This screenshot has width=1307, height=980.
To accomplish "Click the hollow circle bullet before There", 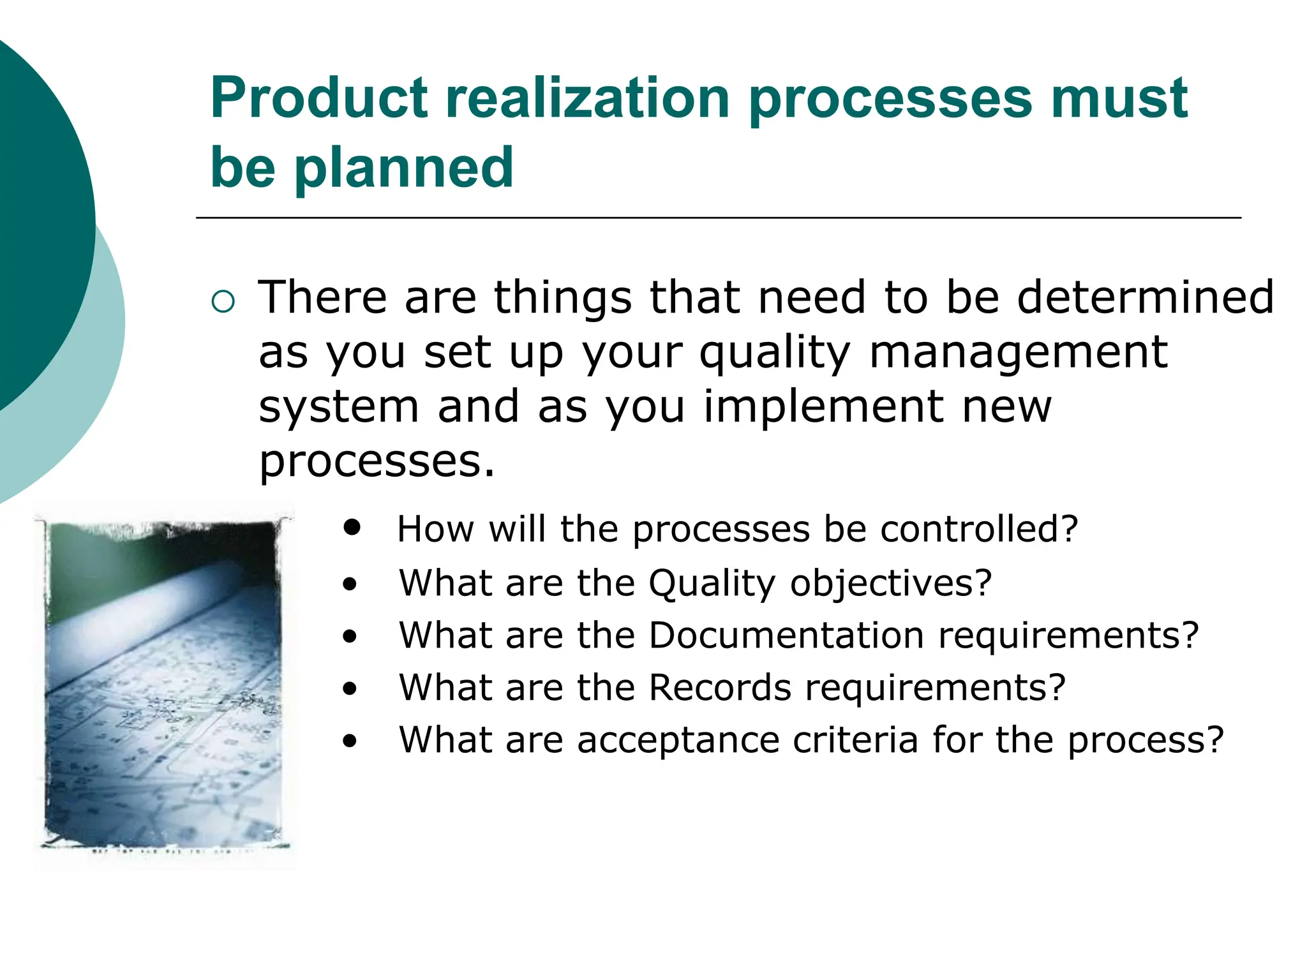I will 223,301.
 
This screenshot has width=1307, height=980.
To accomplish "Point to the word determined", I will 1145,297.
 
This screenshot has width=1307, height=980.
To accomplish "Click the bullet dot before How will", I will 352,527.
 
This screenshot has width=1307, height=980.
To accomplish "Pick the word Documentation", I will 786,635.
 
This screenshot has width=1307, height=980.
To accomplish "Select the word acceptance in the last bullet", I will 678,740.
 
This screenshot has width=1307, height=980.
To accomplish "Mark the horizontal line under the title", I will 718,218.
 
